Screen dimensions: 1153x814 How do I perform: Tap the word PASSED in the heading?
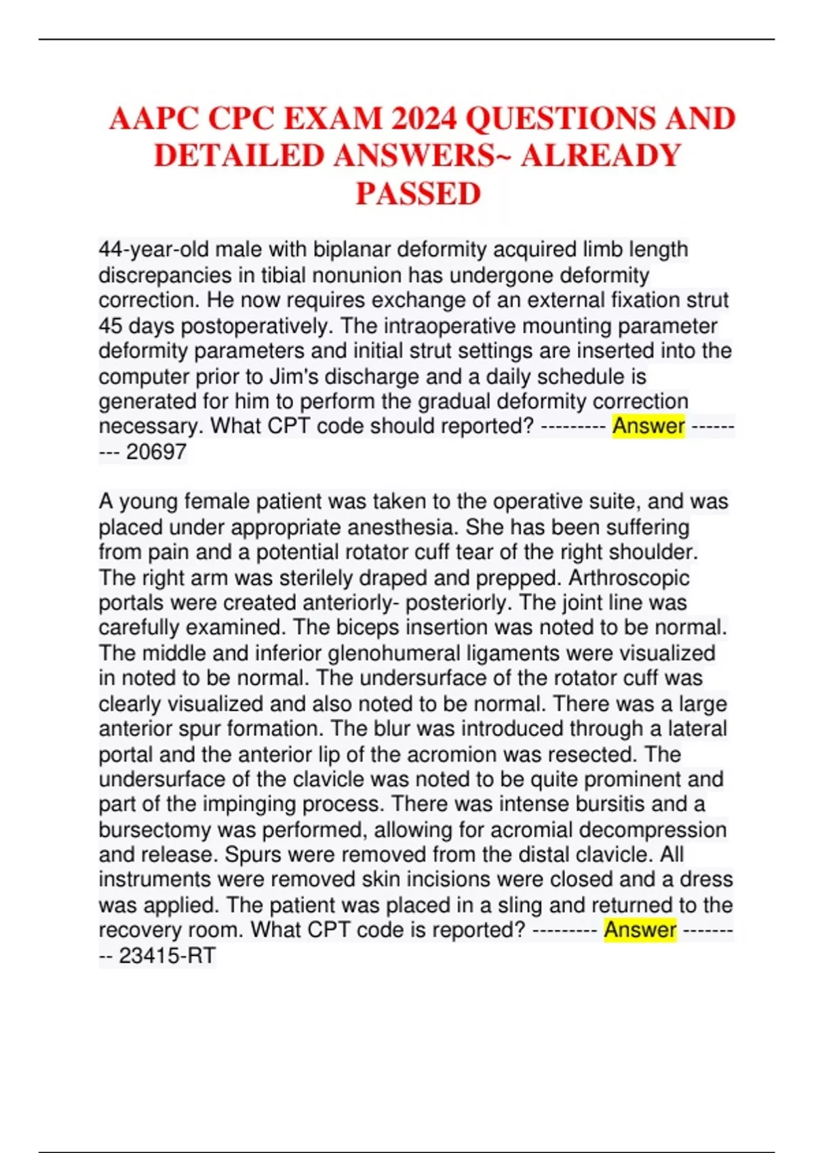419,194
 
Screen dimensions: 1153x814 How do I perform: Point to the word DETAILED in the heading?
239,157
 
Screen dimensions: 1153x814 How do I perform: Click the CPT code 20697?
156,452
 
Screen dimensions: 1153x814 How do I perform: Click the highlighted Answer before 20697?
648,427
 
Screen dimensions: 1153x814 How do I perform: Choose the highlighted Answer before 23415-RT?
640,930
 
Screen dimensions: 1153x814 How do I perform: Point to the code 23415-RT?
167,956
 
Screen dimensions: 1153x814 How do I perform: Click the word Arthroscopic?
629,578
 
